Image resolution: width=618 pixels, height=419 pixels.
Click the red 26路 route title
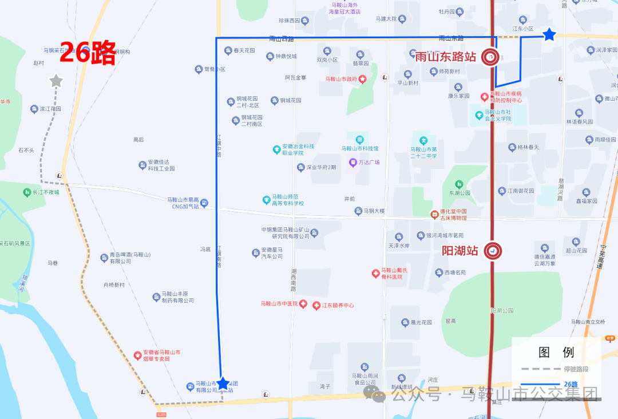click(88, 53)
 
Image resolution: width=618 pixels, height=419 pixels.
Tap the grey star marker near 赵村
click(56, 81)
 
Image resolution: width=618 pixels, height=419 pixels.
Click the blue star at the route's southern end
click(223, 384)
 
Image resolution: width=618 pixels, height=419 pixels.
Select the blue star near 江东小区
click(549, 35)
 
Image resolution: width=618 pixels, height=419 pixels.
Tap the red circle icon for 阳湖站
click(492, 251)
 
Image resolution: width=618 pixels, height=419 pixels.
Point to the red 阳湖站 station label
click(460, 251)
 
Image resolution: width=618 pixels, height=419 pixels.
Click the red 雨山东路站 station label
click(446, 57)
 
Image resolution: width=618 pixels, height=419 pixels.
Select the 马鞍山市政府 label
click(342, 79)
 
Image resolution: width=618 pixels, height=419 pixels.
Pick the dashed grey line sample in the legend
click(540, 369)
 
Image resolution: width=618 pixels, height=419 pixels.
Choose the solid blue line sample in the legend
click(540, 384)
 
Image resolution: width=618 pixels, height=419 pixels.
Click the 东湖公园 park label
click(459, 193)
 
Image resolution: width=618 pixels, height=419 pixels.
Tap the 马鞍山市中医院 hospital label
click(279, 303)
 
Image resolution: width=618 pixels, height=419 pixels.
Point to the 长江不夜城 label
click(46, 192)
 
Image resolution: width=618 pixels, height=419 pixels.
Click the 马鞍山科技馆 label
click(360, 148)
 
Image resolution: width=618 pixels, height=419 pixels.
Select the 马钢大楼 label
click(374, 211)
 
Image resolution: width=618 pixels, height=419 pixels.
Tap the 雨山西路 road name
click(282, 39)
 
